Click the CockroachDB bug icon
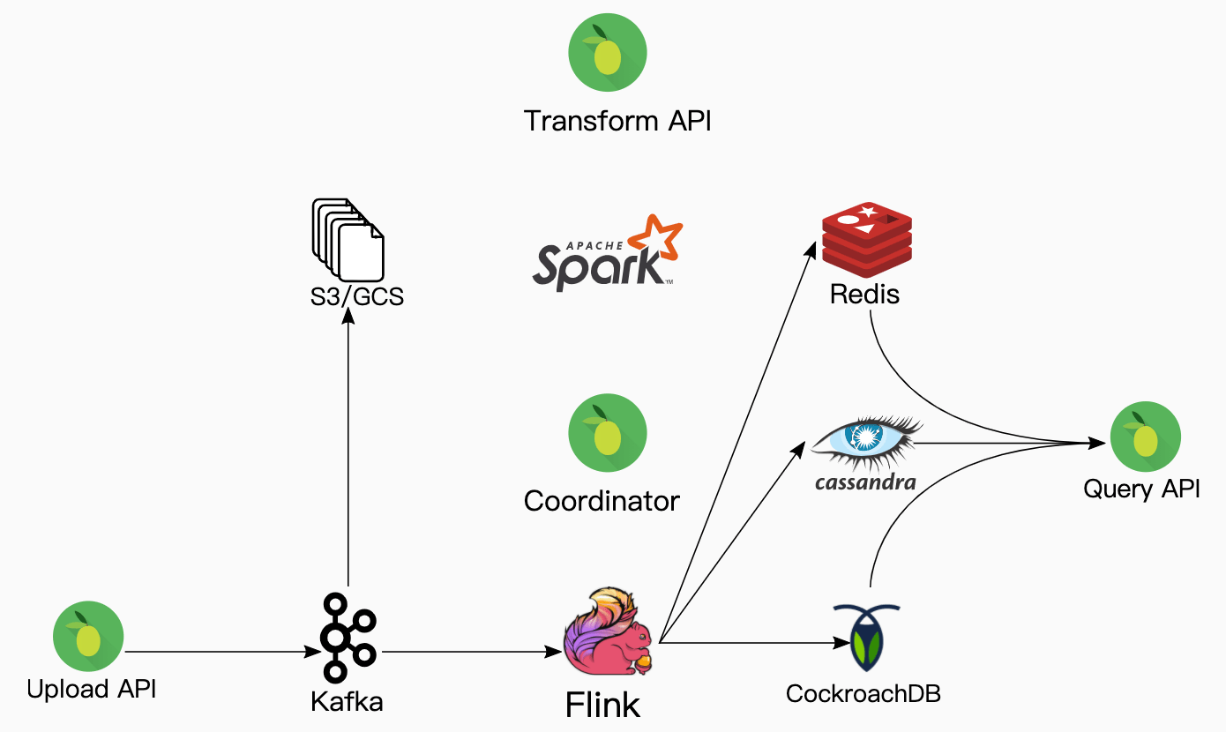[865, 638]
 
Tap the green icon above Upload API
[88, 637]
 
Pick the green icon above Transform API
[608, 53]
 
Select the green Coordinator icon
[608, 432]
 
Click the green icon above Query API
[1145, 436]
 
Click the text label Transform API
[617, 121]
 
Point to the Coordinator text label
[602, 502]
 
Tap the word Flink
[603, 705]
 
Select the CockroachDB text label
[863, 693]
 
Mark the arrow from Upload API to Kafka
[221, 653]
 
